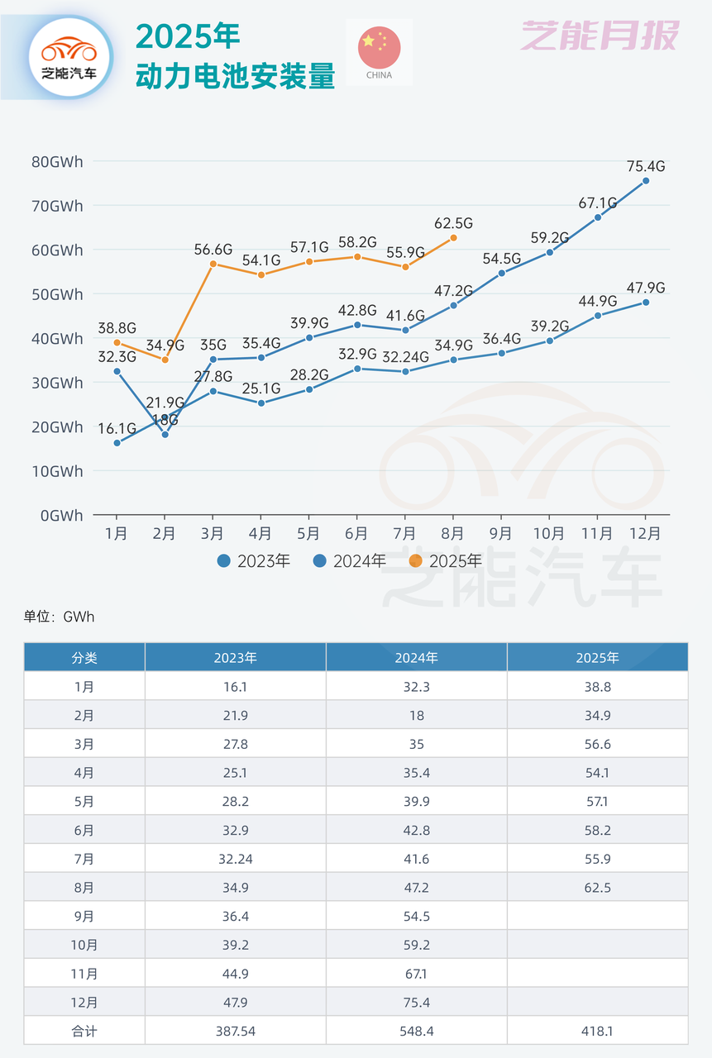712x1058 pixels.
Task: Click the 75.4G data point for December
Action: click(x=646, y=181)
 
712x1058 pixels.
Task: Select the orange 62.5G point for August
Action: click(x=453, y=238)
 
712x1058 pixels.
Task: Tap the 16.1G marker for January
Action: click(x=117, y=443)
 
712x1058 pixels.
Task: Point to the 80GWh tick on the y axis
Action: click(x=58, y=161)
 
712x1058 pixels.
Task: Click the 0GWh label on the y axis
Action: click(x=61, y=515)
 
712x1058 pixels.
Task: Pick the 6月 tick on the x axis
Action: click(x=356, y=534)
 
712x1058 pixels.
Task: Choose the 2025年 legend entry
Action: click(x=446, y=561)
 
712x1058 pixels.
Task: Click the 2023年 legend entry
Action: click(x=254, y=561)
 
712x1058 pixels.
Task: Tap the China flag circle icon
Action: click(x=380, y=48)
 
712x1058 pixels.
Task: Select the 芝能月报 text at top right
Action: click(x=599, y=36)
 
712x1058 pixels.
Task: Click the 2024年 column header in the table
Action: click(x=416, y=658)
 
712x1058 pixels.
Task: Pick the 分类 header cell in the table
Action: click(x=84, y=658)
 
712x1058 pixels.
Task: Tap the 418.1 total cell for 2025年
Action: click(x=597, y=1031)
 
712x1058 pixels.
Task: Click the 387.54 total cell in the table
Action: click(x=235, y=1031)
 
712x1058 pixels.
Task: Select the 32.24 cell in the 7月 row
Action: click(x=235, y=859)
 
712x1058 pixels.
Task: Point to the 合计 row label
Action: click(x=84, y=1031)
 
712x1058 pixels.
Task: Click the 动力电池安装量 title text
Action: click(x=236, y=77)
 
